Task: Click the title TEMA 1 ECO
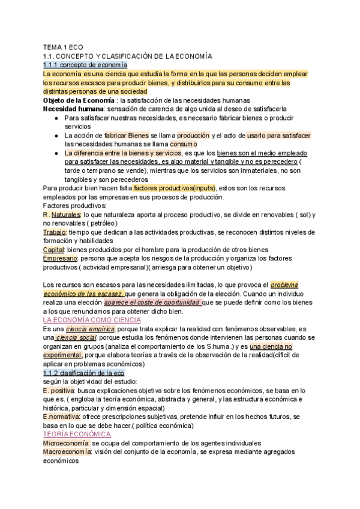[63, 47]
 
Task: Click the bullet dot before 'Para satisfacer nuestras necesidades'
[55, 118]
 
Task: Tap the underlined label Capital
[53, 249]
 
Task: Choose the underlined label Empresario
[60, 258]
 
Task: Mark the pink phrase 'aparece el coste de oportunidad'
[151, 303]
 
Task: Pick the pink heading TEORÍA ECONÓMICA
[77, 433]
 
